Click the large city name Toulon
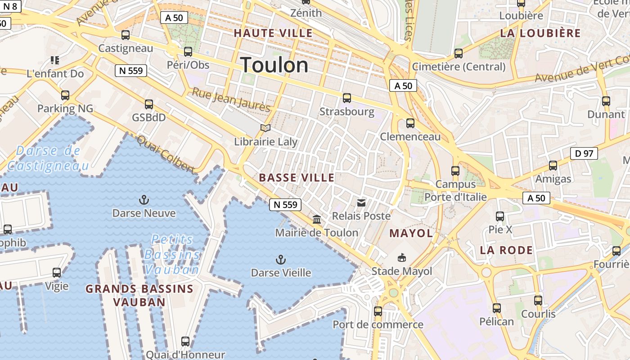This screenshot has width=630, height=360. click(x=274, y=65)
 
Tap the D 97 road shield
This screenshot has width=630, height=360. click(x=584, y=153)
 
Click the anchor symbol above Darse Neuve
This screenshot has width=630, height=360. click(x=144, y=200)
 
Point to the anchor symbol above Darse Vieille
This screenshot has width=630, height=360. click(x=281, y=260)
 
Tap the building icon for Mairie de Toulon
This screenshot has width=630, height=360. click(x=317, y=220)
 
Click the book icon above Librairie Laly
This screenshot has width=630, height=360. click(x=265, y=128)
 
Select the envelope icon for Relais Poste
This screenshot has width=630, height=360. click(x=361, y=203)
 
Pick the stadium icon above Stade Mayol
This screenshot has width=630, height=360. click(x=401, y=258)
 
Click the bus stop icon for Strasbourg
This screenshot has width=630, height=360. click(x=346, y=98)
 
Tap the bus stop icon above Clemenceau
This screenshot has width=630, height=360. click(x=410, y=123)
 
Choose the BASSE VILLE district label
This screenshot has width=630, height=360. click(x=297, y=178)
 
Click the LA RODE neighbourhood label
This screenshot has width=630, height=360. click(x=506, y=250)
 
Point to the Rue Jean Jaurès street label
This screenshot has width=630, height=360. click(x=231, y=99)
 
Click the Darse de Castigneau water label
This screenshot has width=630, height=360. click(x=48, y=158)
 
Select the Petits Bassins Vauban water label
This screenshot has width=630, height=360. click(x=172, y=254)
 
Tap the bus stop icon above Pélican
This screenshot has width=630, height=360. click(x=496, y=308)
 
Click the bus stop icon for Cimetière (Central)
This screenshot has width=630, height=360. click(x=459, y=53)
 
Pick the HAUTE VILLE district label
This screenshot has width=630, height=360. click(x=273, y=33)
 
